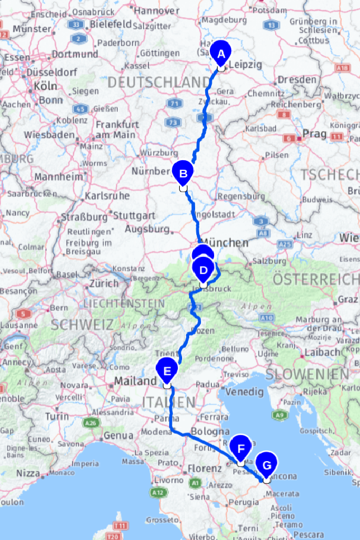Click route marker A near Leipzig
(221, 54)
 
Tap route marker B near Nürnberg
(183, 174)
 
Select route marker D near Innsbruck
(203, 270)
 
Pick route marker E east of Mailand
(167, 371)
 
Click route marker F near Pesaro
(241, 448)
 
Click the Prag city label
(314, 134)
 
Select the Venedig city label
(244, 392)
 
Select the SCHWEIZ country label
(82, 325)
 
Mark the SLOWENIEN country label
(307, 374)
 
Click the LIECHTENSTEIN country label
(116, 303)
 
